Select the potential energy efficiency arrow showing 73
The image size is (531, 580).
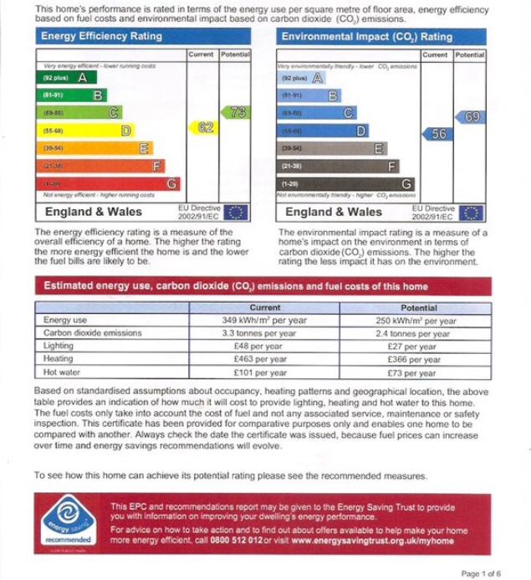235,112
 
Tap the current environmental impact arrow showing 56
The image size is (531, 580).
437,133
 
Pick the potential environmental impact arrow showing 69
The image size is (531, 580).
469,116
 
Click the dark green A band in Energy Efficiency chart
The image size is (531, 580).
64,78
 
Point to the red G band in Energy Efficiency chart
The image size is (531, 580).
110,183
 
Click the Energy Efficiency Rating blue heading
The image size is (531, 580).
101,37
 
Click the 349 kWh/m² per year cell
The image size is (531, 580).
264,321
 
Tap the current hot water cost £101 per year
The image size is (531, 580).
264,372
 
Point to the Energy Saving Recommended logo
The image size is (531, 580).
70,521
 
